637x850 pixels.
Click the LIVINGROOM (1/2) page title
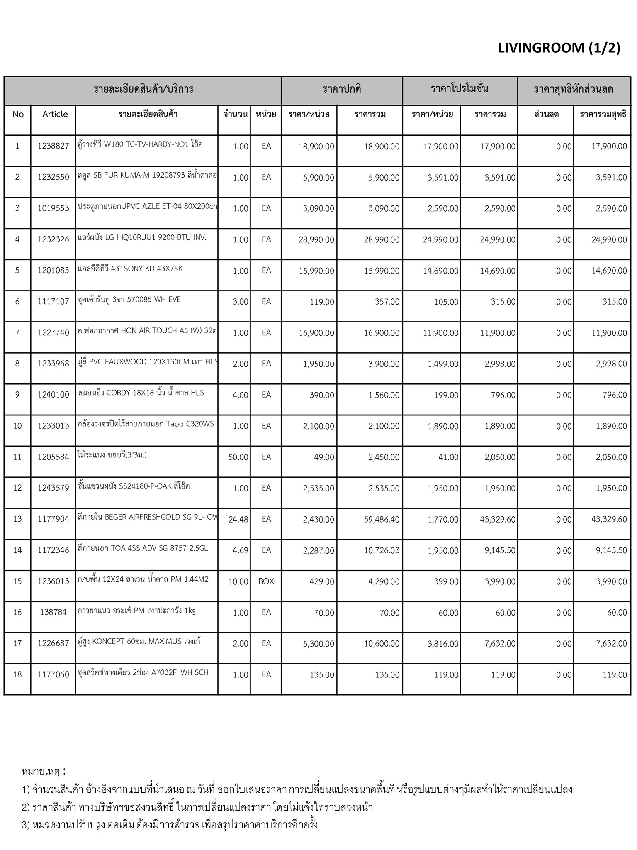pyautogui.click(x=559, y=48)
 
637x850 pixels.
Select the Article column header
pyautogui.click(x=55, y=114)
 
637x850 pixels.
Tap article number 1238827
pyautogui.click(x=53, y=146)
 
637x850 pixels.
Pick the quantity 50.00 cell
pyautogui.click(x=238, y=457)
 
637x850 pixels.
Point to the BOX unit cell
pyautogui.click(x=266, y=581)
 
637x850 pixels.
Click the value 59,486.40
pyautogui.click(x=382, y=519)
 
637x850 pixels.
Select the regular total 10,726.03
pyautogui.click(x=382, y=550)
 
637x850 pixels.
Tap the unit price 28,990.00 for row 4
pyautogui.click(x=316, y=239)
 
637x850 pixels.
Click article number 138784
pyautogui.click(x=53, y=612)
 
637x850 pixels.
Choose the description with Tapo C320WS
pyautogui.click(x=146, y=424)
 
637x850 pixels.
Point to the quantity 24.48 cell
pyautogui.click(x=238, y=519)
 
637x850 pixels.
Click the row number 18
pyautogui.click(x=17, y=674)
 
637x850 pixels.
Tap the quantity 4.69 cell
pyautogui.click(x=240, y=550)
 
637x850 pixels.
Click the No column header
pyautogui.click(x=18, y=114)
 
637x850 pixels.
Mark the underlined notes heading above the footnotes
pyautogui.click(x=41, y=772)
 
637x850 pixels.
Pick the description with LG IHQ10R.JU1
pyautogui.click(x=142, y=238)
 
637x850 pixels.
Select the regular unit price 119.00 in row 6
pyautogui.click(x=321, y=302)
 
